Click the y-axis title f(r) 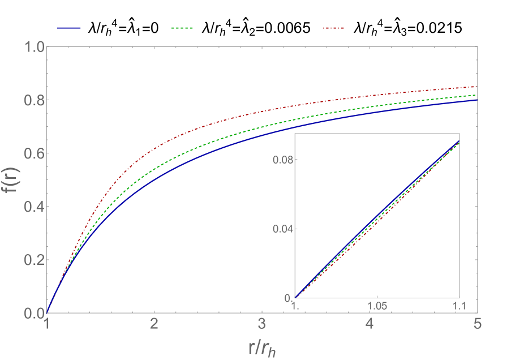click(x=13, y=180)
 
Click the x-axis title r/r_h click(x=262, y=347)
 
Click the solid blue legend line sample click(x=69, y=28)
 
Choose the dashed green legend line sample click(x=182, y=28)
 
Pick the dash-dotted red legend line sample click(x=334, y=28)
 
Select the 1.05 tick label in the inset click(x=377, y=306)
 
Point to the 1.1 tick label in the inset click(x=459, y=306)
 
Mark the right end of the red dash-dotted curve click(x=478, y=87)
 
